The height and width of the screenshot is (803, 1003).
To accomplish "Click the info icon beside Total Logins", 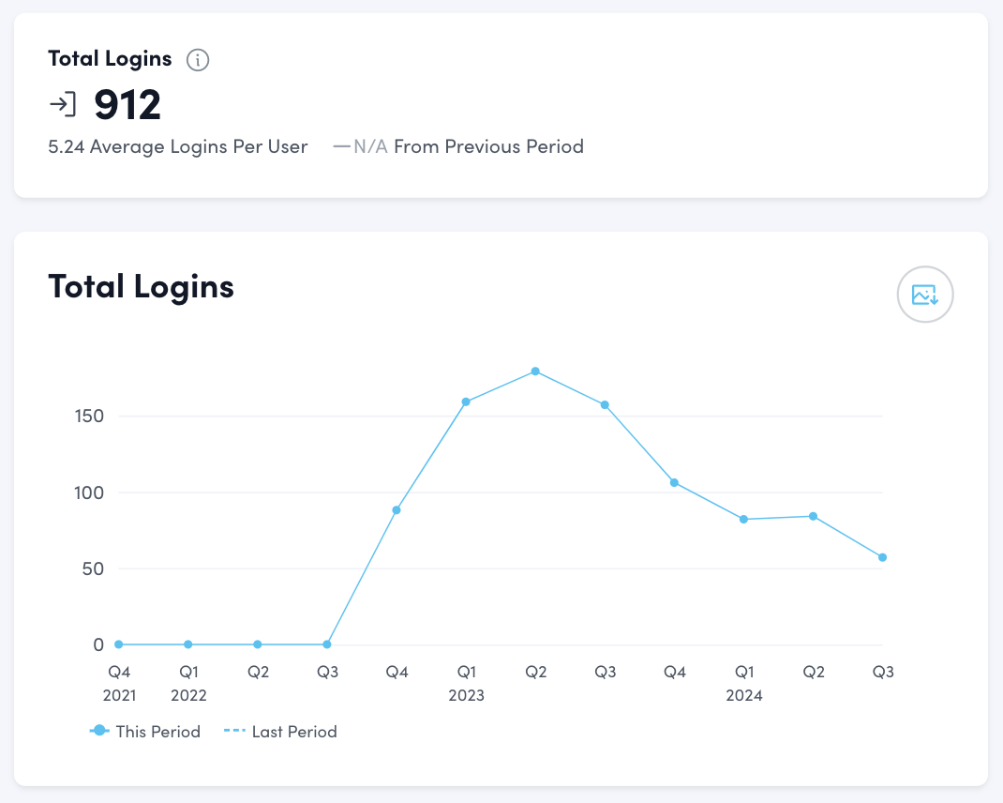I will pos(198,60).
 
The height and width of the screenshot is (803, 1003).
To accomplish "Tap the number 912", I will pos(127,104).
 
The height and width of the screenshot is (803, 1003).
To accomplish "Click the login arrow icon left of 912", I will pos(63,104).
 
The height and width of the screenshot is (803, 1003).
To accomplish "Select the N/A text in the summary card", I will pos(371,146).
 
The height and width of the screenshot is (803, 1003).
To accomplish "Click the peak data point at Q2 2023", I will pos(535,371).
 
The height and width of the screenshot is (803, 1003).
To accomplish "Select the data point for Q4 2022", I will pos(397,510).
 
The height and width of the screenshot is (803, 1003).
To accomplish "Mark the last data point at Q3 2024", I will pos(882,557).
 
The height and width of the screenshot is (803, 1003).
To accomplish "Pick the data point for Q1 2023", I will pos(466,401).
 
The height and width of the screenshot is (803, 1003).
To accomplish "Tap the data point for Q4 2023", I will pos(674,482).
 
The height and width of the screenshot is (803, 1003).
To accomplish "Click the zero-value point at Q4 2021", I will pos(119,644).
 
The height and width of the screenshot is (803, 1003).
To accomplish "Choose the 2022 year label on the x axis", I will pos(188,695).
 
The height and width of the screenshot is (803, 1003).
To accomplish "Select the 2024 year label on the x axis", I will pos(744,695).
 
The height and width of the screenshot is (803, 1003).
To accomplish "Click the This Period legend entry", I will pos(146,732).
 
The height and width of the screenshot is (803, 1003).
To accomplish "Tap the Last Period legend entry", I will pos(281,732).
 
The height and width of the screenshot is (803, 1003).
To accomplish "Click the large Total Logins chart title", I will pos(141,286).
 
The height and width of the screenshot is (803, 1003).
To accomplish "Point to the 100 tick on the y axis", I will pos(89,492).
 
